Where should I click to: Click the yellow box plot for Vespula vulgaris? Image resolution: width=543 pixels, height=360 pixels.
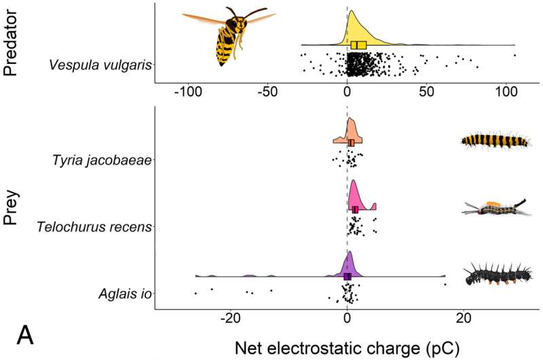359,45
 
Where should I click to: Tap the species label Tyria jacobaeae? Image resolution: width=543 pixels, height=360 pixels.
102,161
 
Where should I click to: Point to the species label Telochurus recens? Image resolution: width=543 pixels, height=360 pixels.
94,227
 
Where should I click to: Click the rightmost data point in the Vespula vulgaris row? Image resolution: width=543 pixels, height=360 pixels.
514,55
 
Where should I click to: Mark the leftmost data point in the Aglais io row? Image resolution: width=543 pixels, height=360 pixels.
195,293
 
